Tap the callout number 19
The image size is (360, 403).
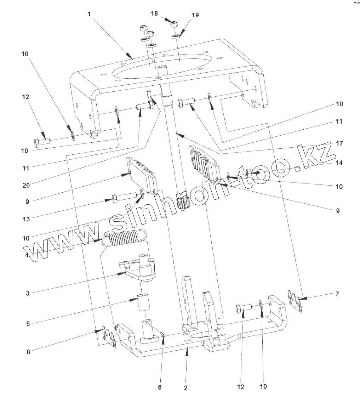pos(195,15)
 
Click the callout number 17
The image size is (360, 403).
pos(339,143)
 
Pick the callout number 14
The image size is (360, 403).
pos(339,163)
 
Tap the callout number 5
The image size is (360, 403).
pos(28,323)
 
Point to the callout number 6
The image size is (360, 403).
pos(160,387)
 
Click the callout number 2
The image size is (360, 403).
pos(185,388)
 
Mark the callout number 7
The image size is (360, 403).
pos(337,294)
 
